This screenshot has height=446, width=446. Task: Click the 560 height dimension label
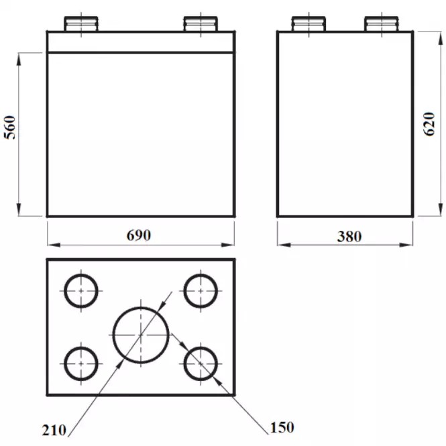[10, 127]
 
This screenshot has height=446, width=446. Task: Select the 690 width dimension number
[139, 235]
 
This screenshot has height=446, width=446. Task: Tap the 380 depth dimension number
[349, 236]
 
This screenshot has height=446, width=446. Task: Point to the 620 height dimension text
[429, 124]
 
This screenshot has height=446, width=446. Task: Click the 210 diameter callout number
[54, 430]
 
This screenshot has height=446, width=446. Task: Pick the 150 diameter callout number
[282, 427]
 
